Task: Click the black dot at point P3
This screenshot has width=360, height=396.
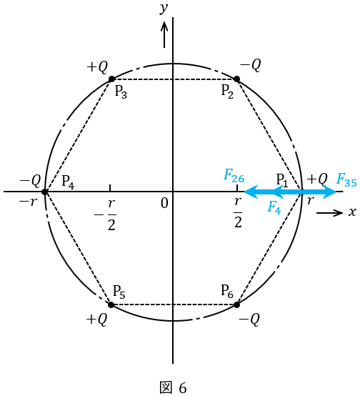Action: (x=111, y=79)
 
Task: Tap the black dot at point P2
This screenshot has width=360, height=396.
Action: (x=236, y=79)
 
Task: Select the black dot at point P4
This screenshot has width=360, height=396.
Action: (x=45, y=192)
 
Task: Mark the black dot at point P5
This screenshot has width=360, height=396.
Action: (x=111, y=305)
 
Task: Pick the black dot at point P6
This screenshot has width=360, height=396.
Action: (x=236, y=305)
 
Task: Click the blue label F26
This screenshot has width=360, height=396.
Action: (x=234, y=176)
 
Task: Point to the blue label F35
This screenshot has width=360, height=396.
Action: (x=346, y=180)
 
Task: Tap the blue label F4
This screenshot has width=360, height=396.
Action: (x=274, y=208)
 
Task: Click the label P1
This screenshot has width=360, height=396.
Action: (x=282, y=180)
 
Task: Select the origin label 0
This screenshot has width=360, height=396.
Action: (x=164, y=203)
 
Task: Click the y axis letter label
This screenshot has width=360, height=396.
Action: (x=164, y=9)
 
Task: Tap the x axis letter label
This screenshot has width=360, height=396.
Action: (x=352, y=212)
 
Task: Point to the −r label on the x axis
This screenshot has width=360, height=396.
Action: (x=28, y=202)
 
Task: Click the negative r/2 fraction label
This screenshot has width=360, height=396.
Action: (x=105, y=214)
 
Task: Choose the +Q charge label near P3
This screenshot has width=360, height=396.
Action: (x=97, y=67)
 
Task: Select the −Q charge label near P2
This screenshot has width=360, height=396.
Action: (x=250, y=65)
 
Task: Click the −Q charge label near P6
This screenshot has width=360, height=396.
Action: (x=249, y=320)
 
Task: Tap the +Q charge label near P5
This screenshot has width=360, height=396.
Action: (x=96, y=320)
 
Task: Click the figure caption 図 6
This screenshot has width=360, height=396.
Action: (x=173, y=387)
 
